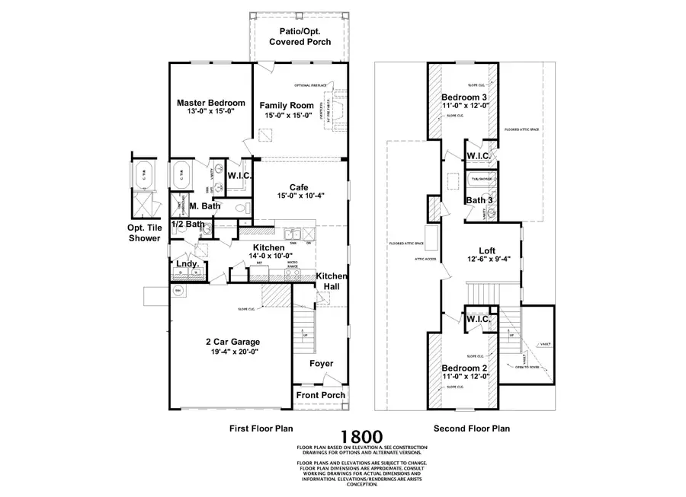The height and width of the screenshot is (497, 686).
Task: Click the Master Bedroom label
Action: pyautogui.click(x=210, y=103)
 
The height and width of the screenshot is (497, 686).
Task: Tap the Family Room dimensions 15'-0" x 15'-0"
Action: pyautogui.click(x=287, y=116)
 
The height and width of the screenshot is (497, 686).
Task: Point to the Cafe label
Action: pyautogui.click(x=298, y=187)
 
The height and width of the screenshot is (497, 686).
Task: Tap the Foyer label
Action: pyautogui.click(x=321, y=364)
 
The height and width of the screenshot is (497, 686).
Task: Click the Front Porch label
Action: pyautogui.click(x=321, y=395)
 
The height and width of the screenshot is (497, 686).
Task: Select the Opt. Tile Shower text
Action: pyautogui.click(x=144, y=232)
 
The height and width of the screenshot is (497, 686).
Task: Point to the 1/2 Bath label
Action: pyautogui.click(x=187, y=225)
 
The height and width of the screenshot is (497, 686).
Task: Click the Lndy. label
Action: pyautogui.click(x=188, y=264)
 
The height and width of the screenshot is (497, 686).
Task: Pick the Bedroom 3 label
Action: pyautogui.click(x=464, y=98)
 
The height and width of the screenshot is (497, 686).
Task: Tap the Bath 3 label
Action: pyautogui.click(x=479, y=200)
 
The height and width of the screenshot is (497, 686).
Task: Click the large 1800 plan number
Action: pyautogui.click(x=361, y=436)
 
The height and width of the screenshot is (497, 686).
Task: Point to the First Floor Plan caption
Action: pyautogui.click(x=261, y=429)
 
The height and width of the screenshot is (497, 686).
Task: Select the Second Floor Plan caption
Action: pyautogui.click(x=471, y=429)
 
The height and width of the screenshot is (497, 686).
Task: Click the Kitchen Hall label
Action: pyautogui.click(x=332, y=281)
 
